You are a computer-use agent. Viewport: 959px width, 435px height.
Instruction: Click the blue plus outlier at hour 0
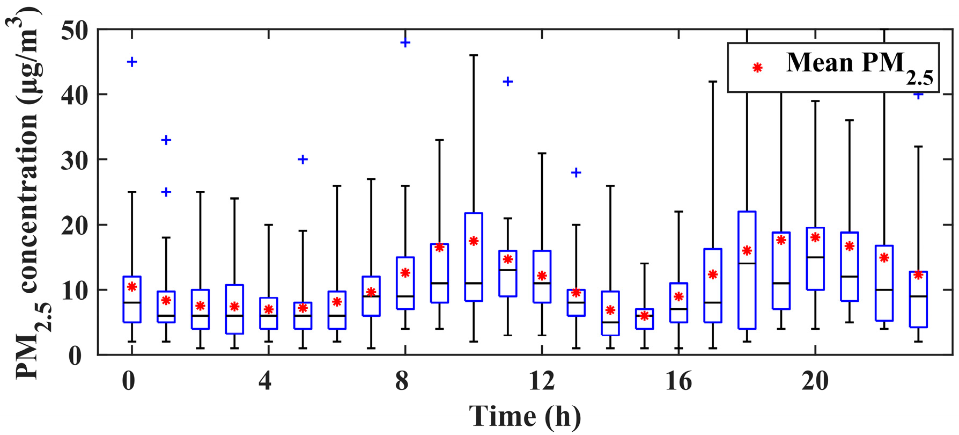132,62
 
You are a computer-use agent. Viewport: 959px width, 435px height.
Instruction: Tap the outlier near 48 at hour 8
405,43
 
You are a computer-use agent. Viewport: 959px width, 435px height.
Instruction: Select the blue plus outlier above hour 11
507,82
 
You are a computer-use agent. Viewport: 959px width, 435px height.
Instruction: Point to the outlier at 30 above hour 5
303,160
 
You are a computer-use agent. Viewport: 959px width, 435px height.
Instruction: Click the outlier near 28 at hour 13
576,172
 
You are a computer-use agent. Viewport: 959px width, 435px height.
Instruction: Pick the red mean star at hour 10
473,241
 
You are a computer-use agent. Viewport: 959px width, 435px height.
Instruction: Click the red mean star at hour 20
815,237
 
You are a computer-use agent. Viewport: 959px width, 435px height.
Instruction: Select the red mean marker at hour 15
644,316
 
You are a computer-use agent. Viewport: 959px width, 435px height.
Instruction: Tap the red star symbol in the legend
757,68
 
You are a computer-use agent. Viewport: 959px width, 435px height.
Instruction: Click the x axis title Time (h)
525,416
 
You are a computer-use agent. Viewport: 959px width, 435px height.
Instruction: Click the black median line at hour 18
747,263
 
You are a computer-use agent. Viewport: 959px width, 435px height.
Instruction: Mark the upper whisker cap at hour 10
473,55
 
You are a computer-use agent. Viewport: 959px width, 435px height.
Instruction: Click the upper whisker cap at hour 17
713,82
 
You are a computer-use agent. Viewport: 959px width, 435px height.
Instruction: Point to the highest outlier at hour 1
166,140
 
